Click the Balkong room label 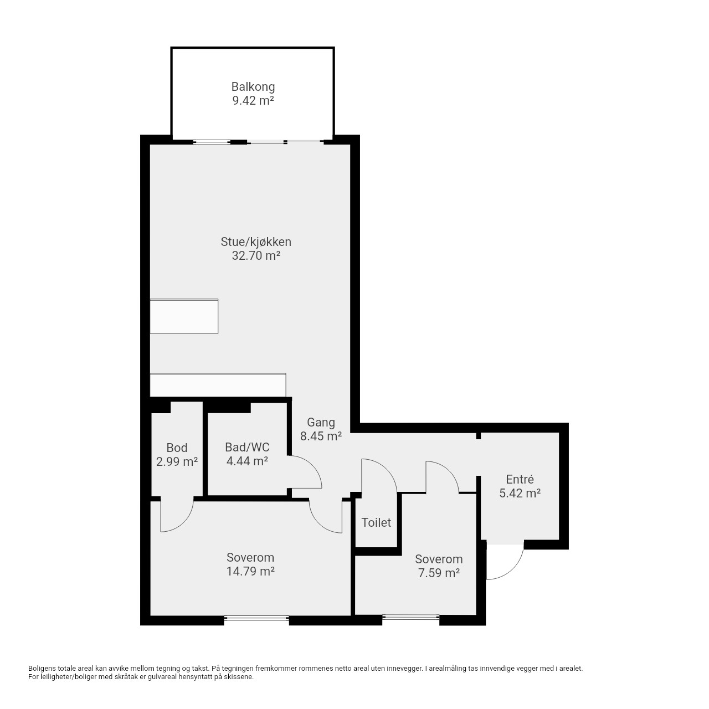pos(253,87)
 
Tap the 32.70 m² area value pos(256,255)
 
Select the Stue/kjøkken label pos(256,242)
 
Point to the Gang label pos(321,423)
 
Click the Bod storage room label pos(177,448)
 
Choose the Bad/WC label pos(247,448)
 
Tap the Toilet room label pos(376,522)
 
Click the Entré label pos(520,479)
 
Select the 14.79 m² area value pos(250,571)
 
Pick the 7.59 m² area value pos(439,573)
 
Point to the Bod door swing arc pos(184,521)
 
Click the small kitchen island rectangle pos(184,316)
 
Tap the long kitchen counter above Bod pos(218,385)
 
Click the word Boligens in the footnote pos(42,669)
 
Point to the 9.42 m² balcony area pos(253,100)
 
